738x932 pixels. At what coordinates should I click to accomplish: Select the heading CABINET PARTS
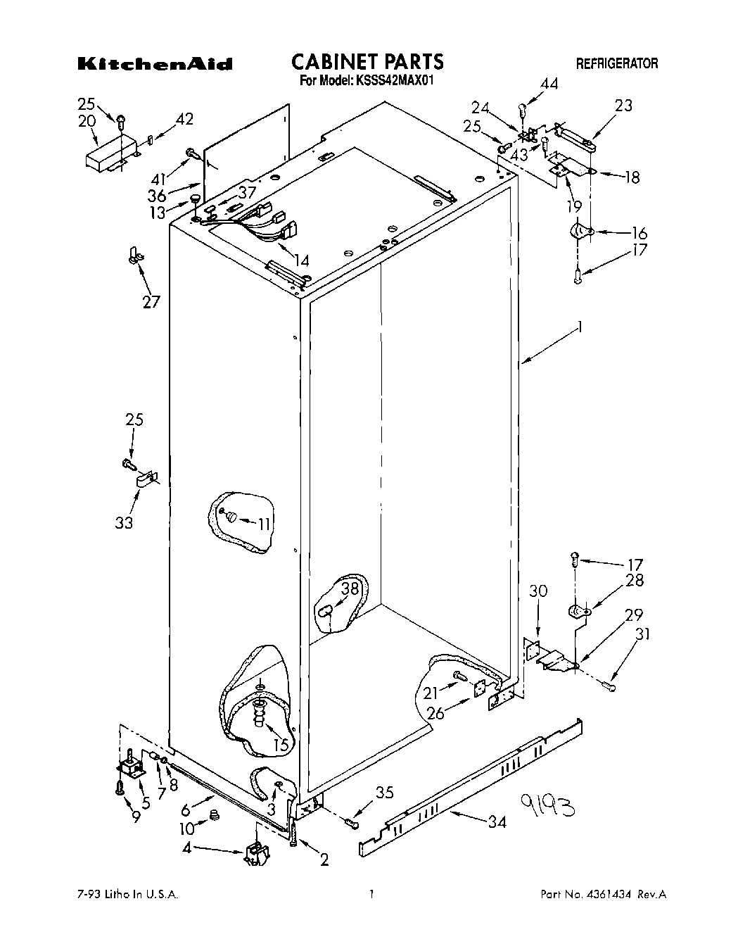[367, 62]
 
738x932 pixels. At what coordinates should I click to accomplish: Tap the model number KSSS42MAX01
[393, 81]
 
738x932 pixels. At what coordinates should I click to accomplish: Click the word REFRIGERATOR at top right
[617, 64]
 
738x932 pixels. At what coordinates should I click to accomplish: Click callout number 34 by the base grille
[496, 821]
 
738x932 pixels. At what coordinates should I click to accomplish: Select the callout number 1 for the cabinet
[580, 327]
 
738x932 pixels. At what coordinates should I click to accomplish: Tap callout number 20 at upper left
[87, 121]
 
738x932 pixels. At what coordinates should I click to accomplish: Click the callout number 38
[350, 588]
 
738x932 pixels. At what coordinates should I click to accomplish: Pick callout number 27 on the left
[151, 302]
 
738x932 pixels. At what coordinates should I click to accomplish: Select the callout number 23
[623, 106]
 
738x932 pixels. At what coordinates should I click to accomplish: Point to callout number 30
[538, 592]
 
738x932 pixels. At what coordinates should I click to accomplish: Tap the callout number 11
[263, 524]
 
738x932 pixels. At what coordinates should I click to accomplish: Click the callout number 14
[300, 261]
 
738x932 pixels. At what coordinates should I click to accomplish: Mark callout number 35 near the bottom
[383, 793]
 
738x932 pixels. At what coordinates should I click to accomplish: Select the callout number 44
[549, 84]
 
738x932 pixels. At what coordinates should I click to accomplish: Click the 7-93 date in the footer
[89, 895]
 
